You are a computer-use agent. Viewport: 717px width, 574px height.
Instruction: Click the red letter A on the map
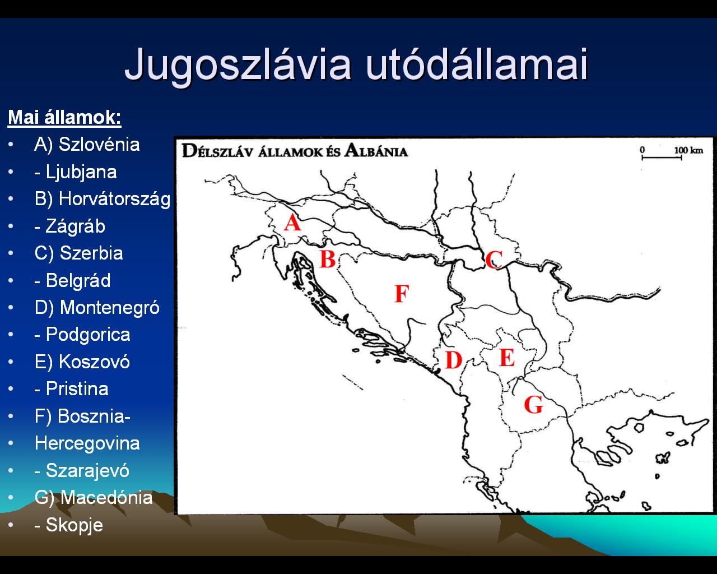pos(292,223)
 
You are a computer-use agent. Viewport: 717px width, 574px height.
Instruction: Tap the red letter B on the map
pos(328,259)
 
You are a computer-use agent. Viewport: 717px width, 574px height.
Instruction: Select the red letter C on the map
pos(493,260)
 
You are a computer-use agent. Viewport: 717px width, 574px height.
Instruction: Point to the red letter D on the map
pos(454,360)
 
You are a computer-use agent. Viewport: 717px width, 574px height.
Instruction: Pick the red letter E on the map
pos(507,358)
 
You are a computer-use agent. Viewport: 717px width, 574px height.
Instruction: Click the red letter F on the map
pos(402,294)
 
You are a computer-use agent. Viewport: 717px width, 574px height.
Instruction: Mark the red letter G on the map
pos(534,405)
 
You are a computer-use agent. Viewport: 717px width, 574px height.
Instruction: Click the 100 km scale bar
pos(662,158)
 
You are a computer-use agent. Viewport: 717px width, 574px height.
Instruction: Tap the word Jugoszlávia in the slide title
pos(238,65)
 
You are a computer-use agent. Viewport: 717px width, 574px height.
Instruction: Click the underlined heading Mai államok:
pos(64,117)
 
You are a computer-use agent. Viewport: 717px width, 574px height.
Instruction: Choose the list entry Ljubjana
pos(81,172)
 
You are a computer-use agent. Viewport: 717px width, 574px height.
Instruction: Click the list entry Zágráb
pos(75,226)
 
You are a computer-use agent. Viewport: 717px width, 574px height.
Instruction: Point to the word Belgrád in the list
pos(78,280)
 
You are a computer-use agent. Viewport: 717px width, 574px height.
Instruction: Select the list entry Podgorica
pos(88,335)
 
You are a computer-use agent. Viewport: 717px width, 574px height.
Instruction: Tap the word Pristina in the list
pos(77,388)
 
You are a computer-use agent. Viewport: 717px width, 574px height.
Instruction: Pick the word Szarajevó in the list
pos(87,470)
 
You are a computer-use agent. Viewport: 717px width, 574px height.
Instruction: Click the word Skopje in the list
pos(75,525)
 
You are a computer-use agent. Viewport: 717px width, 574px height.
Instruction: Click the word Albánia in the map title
pos(376,151)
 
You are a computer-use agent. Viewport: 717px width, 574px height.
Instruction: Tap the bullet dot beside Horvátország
pos(11,199)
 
